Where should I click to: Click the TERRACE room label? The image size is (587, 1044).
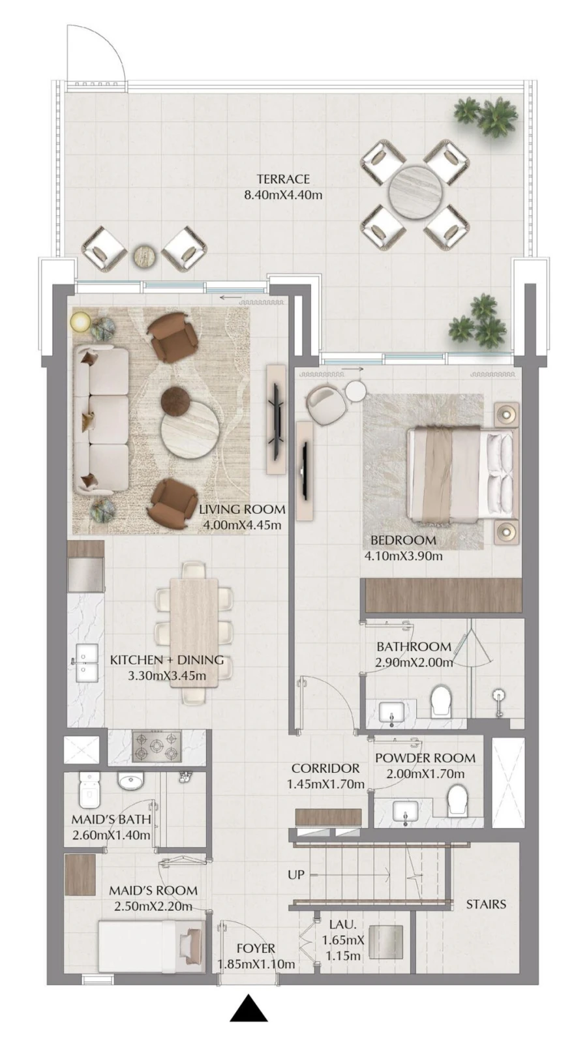point(282,179)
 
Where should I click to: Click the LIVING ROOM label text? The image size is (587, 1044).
point(242,509)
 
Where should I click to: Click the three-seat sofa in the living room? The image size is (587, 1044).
point(102,420)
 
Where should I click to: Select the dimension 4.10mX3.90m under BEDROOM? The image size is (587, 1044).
point(403,556)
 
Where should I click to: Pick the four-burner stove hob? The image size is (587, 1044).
point(157,747)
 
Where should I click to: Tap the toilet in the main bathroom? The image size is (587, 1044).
point(442,700)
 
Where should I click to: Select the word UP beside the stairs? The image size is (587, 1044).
point(296,874)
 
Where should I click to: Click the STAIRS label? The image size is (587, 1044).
point(486,904)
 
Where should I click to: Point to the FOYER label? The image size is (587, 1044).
point(256,948)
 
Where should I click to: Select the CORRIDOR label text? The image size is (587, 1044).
point(325,769)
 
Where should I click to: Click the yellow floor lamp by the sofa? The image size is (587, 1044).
point(81,321)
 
